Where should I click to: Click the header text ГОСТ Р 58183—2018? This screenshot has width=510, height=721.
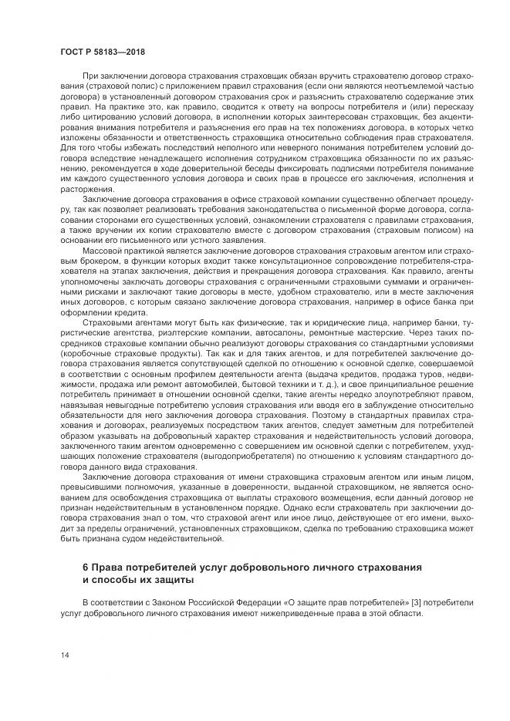coord(103,51)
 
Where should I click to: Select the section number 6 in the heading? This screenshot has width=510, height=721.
coord(86,567)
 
